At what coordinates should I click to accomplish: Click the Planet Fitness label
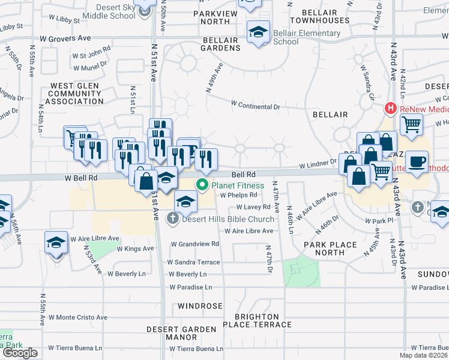(237, 185)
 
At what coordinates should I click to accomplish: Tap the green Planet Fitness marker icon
(203, 185)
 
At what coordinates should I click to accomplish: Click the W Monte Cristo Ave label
(78, 317)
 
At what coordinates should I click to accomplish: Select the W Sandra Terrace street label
(193, 262)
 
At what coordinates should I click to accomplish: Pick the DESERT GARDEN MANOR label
(181, 333)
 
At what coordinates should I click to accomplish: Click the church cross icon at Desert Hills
(173, 218)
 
